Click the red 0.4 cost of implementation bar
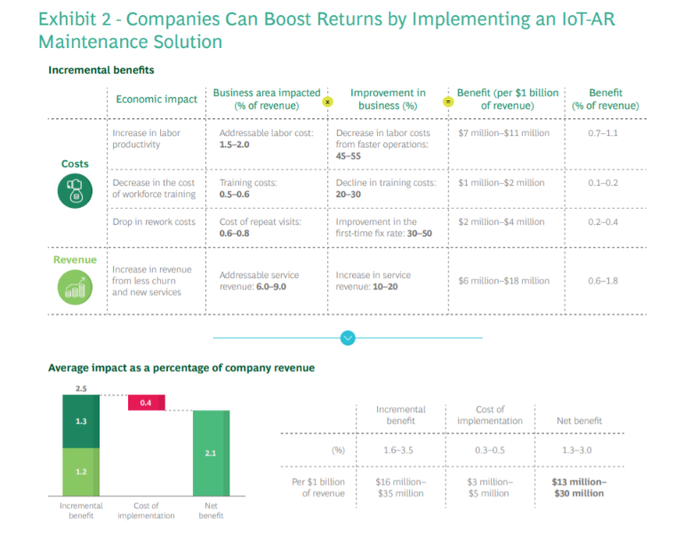coord(146,403)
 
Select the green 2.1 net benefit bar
coord(211,452)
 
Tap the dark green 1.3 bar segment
coord(81,421)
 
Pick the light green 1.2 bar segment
coord(81,471)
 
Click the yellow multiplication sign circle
coord(327,101)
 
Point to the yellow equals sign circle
coord(448,101)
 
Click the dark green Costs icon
coord(75,191)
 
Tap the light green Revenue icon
coord(75,286)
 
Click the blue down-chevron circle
coord(348,338)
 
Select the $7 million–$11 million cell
coord(503,133)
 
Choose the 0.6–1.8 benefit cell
coord(605,281)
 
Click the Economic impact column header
coord(156,99)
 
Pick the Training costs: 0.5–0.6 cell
coord(248,188)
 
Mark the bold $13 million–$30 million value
coord(579,488)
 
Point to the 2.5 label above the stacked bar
coord(81,389)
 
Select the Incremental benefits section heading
coord(101,69)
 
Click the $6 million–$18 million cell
coord(503,281)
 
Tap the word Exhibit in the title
coord(68,19)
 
